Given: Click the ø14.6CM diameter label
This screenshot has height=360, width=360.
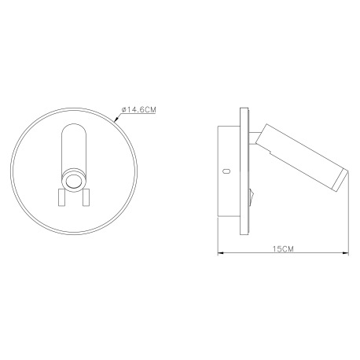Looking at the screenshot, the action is (139, 109).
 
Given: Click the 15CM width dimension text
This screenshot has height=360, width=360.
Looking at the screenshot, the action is (283, 248).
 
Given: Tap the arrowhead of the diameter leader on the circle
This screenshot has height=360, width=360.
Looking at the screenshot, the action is (116, 120).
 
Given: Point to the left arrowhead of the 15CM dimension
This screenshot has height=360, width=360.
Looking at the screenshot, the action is (220, 253).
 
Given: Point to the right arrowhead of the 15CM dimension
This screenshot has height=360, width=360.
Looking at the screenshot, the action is (346, 253).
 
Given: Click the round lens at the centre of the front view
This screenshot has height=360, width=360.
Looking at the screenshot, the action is (74, 181).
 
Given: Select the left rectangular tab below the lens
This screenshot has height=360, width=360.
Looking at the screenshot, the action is (61, 197).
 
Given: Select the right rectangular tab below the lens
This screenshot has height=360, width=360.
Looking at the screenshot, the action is (86, 197).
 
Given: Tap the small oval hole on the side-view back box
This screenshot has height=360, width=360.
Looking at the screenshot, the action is (226, 171).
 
